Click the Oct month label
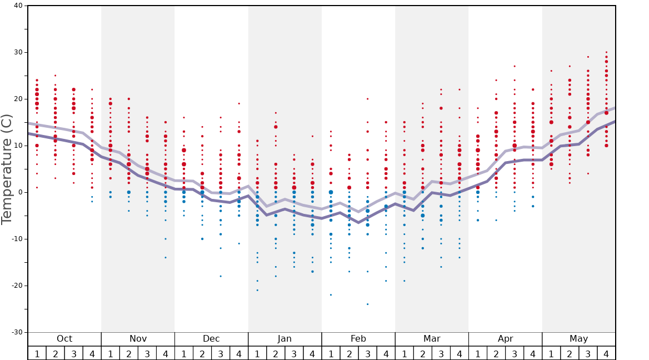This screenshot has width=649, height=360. tap(64, 339)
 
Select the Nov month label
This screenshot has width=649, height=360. tap(138, 339)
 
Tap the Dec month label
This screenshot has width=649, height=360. tap(211, 339)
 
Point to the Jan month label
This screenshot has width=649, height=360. tap(284, 339)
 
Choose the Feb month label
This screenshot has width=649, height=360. tap(358, 339)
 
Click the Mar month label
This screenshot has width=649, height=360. tap(432, 339)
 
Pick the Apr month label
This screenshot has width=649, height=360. tap(505, 339)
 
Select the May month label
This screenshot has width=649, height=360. tap(578, 339)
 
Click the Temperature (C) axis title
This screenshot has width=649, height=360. tap(7, 169)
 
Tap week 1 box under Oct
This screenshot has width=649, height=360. tap(37, 353)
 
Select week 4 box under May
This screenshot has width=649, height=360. tap(606, 353)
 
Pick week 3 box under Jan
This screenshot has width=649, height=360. tap(294, 353)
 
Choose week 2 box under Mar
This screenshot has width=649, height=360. tap(422, 353)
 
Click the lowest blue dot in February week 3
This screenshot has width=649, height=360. tap(367, 304)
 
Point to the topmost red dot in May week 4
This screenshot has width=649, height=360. tap(606, 52)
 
